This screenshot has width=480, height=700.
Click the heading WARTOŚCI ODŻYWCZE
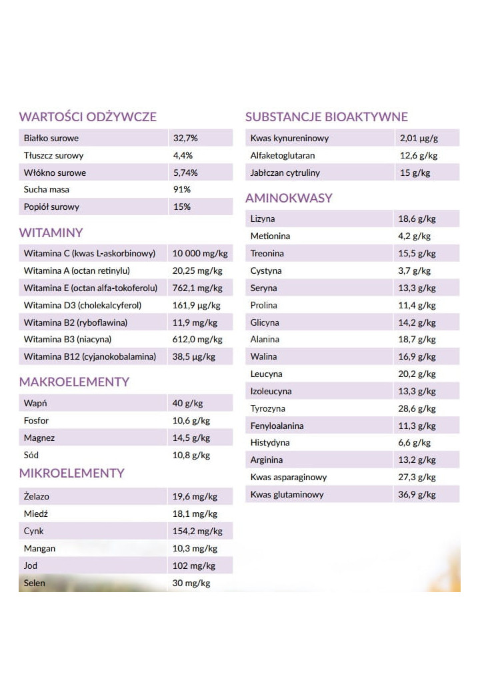pyautogui.click(x=87, y=117)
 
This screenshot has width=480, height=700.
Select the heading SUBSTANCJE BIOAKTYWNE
pyautogui.click(x=326, y=117)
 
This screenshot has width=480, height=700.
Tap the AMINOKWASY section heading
pyautogui.click(x=289, y=198)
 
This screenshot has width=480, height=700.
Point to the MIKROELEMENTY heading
pyautogui.click(x=72, y=473)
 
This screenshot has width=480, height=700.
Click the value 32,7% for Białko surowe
pyautogui.click(x=185, y=139)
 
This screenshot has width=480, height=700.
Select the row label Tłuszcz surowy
pyautogui.click(x=54, y=155)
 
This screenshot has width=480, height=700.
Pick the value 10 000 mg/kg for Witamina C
pyautogui.click(x=200, y=253)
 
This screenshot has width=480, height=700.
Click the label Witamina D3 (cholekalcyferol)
pyautogui.click(x=83, y=305)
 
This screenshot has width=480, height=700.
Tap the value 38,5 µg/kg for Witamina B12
pyautogui.click(x=194, y=356)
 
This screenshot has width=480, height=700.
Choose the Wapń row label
pyautogui.click(x=35, y=403)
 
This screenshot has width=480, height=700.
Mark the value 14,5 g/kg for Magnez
pyautogui.click(x=191, y=438)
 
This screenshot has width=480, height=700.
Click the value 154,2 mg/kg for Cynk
pyautogui.click(x=197, y=531)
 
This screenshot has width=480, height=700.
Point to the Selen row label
pyautogui.click(x=35, y=583)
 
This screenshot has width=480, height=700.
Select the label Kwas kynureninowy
pyautogui.click(x=289, y=139)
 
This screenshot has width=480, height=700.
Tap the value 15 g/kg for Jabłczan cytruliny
pyautogui.click(x=415, y=173)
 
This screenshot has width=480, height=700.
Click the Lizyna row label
pyautogui.click(x=263, y=218)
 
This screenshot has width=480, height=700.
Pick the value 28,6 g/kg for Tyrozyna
pyautogui.click(x=417, y=408)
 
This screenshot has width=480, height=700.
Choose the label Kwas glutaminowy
pyautogui.click(x=287, y=494)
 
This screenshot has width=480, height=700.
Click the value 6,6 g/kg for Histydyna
pyautogui.click(x=414, y=442)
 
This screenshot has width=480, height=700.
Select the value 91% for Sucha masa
pyautogui.click(x=182, y=189)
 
